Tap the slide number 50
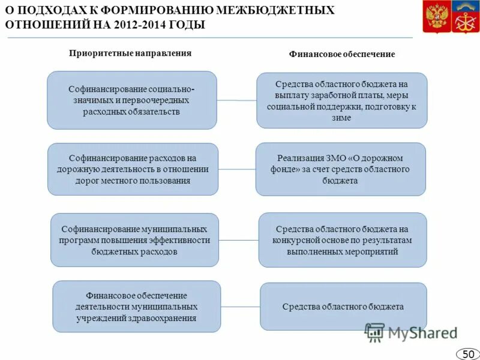click(468, 354)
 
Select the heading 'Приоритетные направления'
click(130, 53)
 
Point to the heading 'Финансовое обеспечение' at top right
click(342, 54)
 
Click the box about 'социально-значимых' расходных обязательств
click(131, 100)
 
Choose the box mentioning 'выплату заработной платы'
click(342, 100)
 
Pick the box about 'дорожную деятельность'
click(133, 169)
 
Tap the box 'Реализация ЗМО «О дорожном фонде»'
click(340, 169)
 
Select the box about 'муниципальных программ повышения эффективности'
click(134, 240)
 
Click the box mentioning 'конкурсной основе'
click(342, 240)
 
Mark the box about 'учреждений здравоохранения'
click(136, 307)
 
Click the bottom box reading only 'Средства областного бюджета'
click(343, 307)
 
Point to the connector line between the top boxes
click(236, 100)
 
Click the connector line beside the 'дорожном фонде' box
click(237, 169)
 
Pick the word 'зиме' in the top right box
click(341, 118)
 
